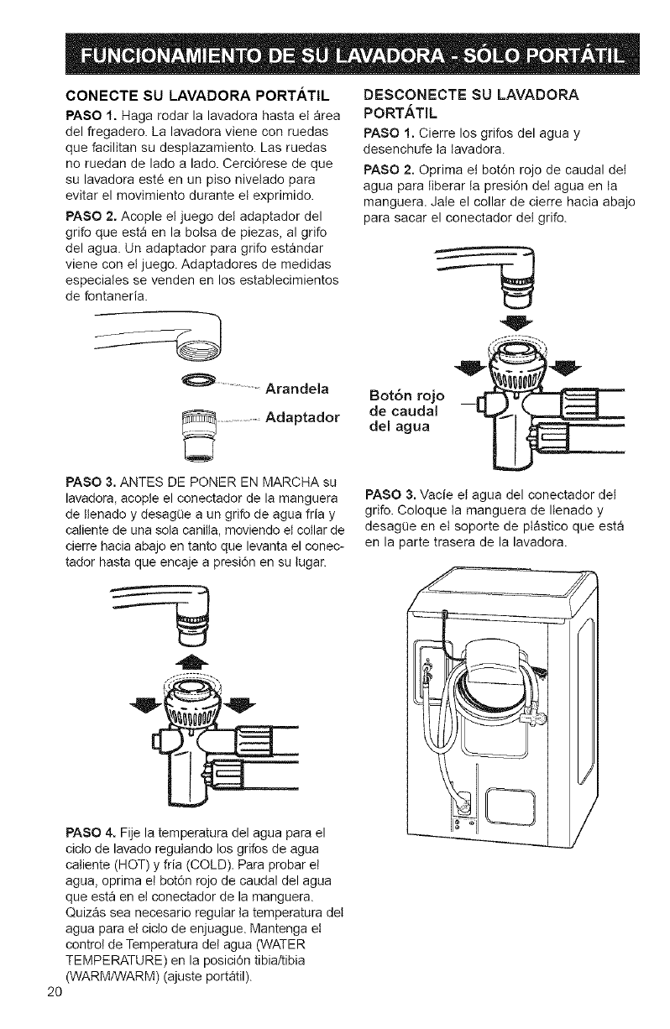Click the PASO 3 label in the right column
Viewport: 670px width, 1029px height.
pyautogui.click(x=389, y=493)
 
